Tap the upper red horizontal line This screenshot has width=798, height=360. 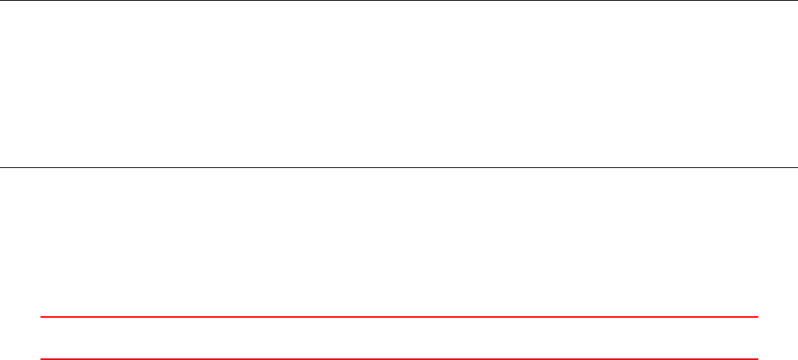tap(399, 317)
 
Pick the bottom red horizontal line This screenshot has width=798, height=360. tap(399, 358)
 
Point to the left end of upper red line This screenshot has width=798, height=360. tap(41, 317)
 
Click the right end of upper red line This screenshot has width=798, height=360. tap(757, 317)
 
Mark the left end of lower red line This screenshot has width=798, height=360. tap(41, 358)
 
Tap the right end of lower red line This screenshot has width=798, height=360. tap(757, 358)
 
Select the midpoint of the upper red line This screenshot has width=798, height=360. tap(399, 317)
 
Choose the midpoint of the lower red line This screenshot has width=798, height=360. tap(399, 358)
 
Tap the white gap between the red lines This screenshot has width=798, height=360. tap(399, 338)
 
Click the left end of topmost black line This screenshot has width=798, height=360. tap(1, 1)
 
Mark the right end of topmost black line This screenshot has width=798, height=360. tap(796, 1)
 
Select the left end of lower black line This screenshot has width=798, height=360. tap(1, 167)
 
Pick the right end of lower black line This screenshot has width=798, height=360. tap(796, 167)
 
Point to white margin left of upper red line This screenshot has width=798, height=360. tap(20, 317)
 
